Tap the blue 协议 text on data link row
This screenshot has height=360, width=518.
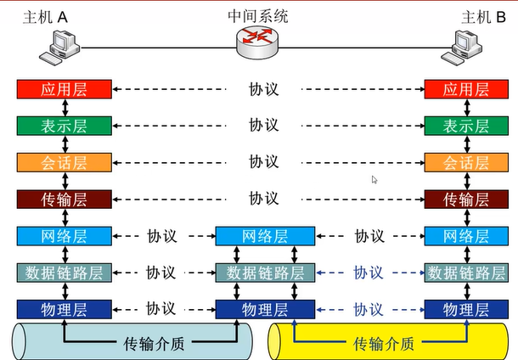click(x=369, y=273)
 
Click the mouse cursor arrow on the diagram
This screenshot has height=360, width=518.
click(x=374, y=179)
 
